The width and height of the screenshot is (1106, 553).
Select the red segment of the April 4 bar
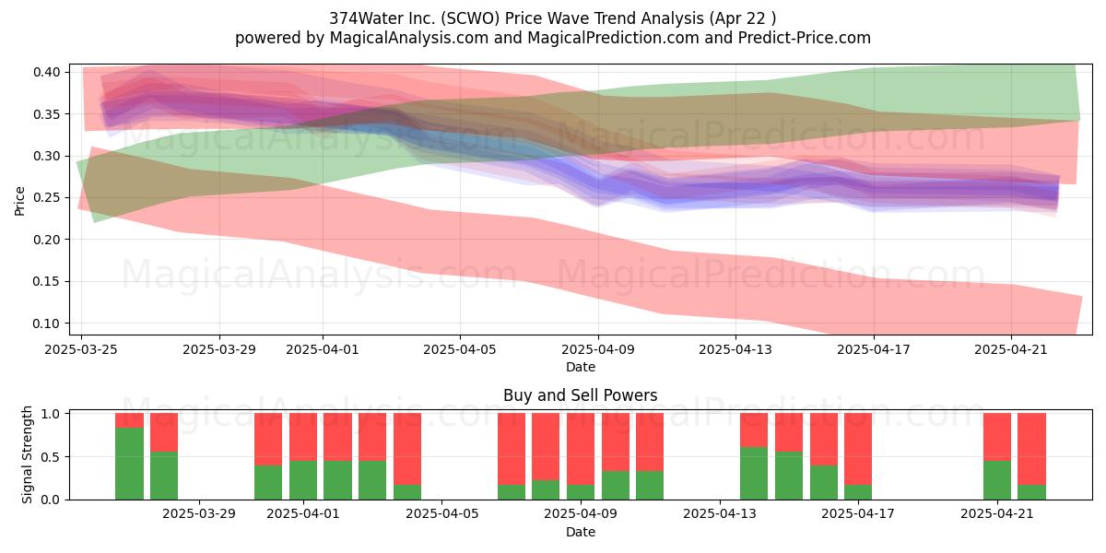click(x=407, y=449)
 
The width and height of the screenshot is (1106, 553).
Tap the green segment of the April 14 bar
click(x=754, y=473)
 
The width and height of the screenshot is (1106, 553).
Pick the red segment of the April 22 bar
click(x=1031, y=449)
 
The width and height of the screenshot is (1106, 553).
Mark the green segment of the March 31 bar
click(x=268, y=482)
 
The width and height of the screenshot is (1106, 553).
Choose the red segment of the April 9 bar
click(x=581, y=449)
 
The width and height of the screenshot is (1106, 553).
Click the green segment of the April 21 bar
click(x=997, y=480)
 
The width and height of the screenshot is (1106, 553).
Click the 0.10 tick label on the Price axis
click(x=47, y=324)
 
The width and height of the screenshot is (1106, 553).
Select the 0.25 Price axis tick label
click(x=47, y=198)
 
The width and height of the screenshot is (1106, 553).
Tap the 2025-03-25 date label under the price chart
click(x=81, y=349)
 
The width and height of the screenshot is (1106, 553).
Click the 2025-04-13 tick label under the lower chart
click(x=720, y=514)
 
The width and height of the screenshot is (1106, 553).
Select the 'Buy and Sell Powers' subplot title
click(x=580, y=395)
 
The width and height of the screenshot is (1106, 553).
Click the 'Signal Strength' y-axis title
click(x=27, y=454)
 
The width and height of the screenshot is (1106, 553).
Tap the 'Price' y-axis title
click(x=19, y=201)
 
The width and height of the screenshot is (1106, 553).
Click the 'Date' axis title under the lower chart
click(x=580, y=532)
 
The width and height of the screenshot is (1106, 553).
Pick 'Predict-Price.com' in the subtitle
click(x=805, y=38)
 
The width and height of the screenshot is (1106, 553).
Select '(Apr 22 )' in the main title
click(x=743, y=18)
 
